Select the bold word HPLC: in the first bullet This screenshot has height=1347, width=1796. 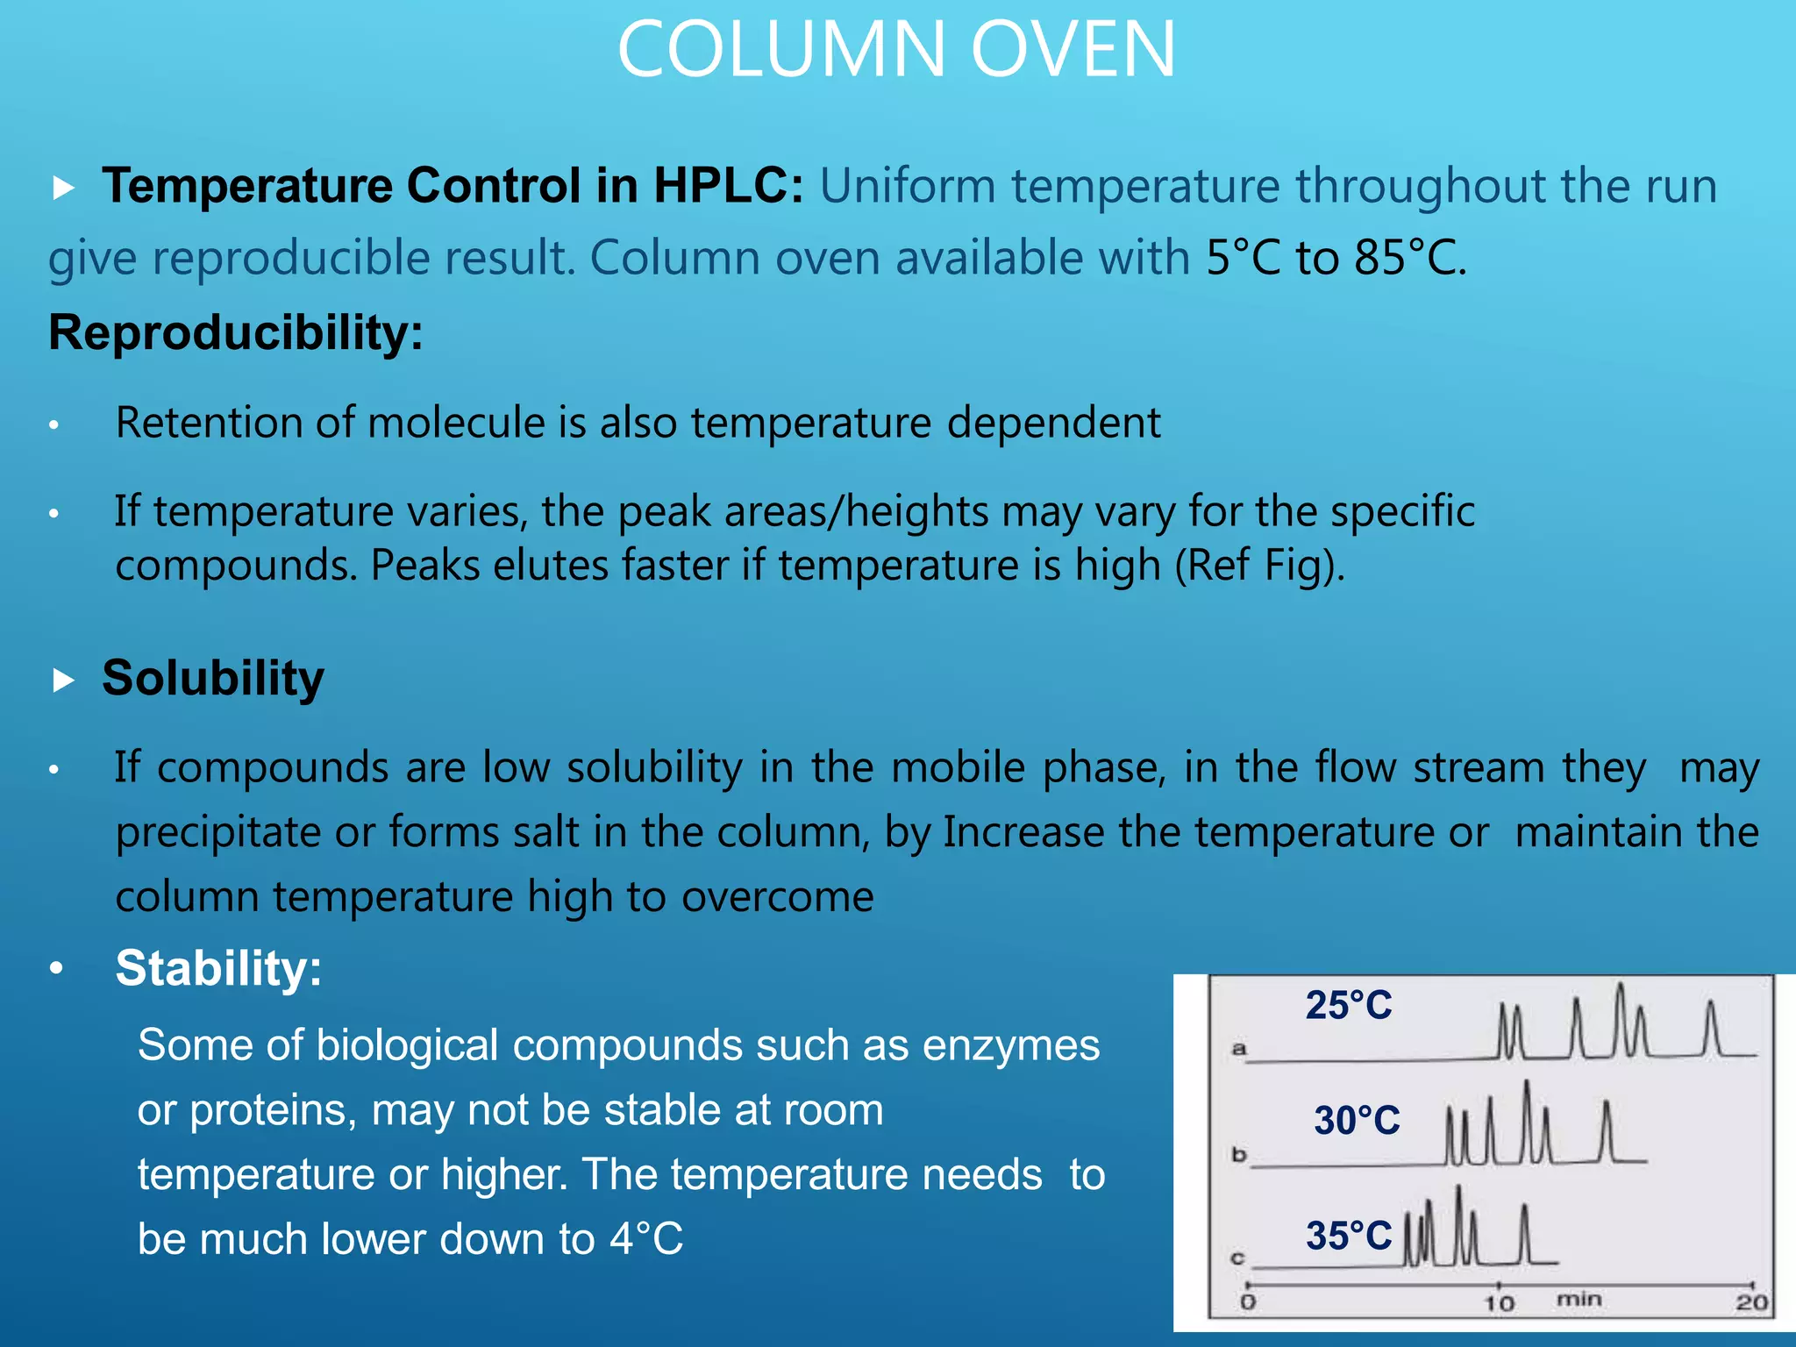point(728,186)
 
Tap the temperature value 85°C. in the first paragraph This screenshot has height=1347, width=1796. point(1409,258)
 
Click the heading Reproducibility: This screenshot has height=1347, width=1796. point(236,333)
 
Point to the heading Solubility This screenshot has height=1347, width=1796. point(213,678)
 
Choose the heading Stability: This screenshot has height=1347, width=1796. point(218,968)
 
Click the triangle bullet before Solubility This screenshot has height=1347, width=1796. point(63,681)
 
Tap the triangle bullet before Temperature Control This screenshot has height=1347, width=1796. point(63,188)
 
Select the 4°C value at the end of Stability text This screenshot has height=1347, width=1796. point(646,1239)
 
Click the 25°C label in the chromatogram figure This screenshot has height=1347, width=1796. point(1348,1005)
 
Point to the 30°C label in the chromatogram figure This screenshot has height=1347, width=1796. point(1357,1120)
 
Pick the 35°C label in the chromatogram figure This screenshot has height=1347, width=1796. point(1348,1236)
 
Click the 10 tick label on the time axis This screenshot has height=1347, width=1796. point(1499,1303)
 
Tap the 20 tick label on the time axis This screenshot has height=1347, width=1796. point(1751,1302)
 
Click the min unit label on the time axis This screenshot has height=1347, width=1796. point(1579,1299)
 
